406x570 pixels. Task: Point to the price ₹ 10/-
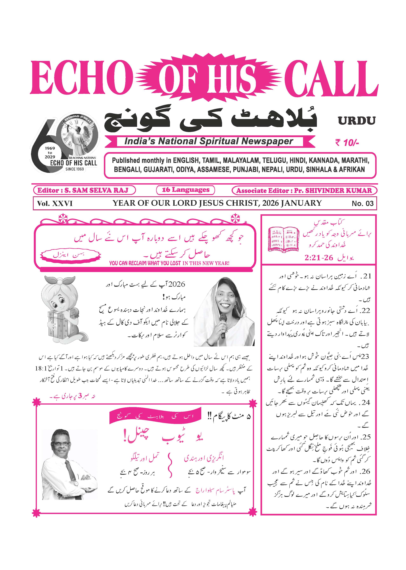point(347,143)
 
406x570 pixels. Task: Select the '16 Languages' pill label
point(186,190)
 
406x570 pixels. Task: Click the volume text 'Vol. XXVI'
point(55,203)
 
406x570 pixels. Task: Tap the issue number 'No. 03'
point(362,203)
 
